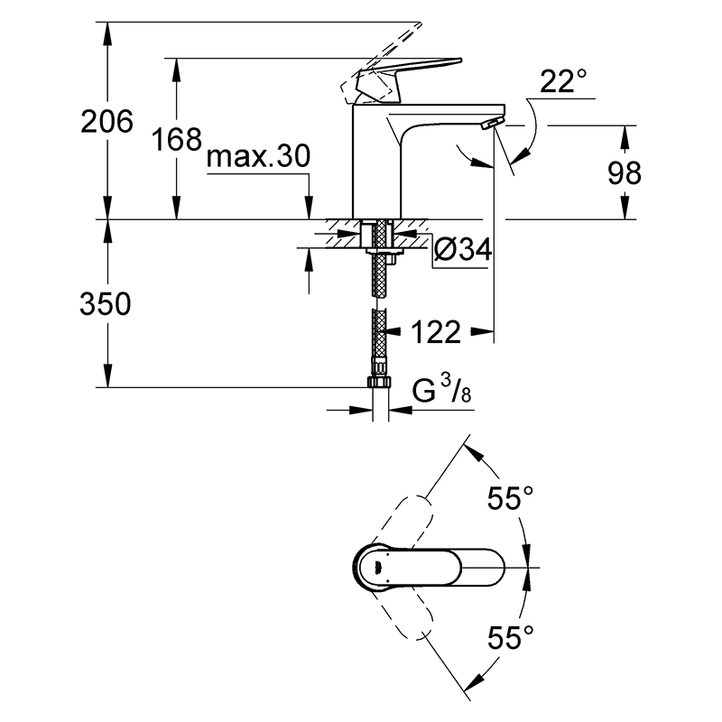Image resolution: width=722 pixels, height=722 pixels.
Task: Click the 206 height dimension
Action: [106, 122]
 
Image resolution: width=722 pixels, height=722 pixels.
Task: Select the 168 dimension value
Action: [177, 140]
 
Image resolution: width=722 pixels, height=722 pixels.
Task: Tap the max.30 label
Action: [258, 156]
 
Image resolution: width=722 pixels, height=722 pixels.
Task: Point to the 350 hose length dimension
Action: [106, 304]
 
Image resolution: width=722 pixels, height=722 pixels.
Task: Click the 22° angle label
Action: [563, 81]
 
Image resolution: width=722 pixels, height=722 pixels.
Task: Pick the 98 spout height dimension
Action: [625, 173]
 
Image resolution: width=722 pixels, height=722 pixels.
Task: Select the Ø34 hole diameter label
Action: [463, 250]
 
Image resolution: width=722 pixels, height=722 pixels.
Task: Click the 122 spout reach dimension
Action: [436, 332]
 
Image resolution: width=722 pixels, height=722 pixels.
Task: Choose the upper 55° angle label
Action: [510, 498]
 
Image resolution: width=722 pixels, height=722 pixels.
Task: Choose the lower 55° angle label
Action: [510, 637]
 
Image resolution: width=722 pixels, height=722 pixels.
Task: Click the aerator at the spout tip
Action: [492, 124]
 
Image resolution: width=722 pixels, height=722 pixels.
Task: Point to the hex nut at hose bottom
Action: [379, 382]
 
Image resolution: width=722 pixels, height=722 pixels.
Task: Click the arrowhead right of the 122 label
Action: [482, 331]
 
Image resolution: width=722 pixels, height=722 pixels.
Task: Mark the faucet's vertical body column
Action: [376, 162]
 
